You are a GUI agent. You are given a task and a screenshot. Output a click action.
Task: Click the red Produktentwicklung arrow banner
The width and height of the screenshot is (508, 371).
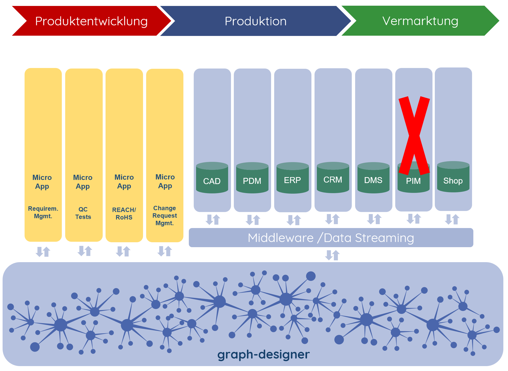tap(92, 21)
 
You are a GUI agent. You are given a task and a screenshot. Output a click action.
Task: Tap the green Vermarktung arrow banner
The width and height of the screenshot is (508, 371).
tap(420, 21)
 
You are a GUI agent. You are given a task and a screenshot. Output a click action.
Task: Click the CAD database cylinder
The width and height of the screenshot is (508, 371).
tap(212, 178)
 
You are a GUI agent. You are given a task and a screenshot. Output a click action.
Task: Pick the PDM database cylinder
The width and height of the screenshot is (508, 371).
tap(252, 178)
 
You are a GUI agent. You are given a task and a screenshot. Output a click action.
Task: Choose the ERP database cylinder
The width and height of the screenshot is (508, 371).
tap(293, 178)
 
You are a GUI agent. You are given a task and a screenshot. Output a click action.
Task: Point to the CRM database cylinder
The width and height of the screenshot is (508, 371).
tap(333, 177)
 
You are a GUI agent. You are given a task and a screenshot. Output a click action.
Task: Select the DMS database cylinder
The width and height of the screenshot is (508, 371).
tap(373, 178)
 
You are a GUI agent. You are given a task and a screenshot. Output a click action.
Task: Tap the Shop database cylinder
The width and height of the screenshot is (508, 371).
tap(453, 177)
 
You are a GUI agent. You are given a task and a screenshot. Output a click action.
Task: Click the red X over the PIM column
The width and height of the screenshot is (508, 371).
tap(414, 135)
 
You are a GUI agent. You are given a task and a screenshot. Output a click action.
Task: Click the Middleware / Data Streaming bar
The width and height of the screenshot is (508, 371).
tap(331, 238)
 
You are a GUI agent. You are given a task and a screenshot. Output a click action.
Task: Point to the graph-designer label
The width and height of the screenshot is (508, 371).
tap(263, 354)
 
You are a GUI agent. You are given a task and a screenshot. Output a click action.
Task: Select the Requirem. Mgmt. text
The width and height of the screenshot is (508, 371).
tap(43, 212)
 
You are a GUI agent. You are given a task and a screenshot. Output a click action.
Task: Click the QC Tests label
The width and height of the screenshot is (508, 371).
tap(83, 213)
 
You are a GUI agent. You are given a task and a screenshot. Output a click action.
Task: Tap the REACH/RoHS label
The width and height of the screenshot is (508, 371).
tap(124, 214)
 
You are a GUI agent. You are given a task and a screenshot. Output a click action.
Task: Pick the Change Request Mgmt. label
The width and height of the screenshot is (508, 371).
tap(165, 216)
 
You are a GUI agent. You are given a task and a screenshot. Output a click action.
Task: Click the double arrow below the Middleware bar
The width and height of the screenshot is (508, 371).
tap(332, 255)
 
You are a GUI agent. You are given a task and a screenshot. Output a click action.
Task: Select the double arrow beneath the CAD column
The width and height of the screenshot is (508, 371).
tap(213, 219)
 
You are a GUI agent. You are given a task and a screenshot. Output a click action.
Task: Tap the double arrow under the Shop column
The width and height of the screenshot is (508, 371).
tap(452, 219)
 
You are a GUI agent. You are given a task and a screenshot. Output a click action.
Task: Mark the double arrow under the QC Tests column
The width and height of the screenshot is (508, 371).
tap(85, 251)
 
